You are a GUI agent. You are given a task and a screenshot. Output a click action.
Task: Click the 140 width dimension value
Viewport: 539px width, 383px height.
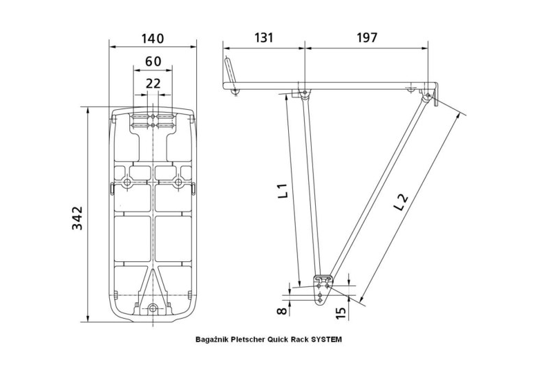tap(153, 39)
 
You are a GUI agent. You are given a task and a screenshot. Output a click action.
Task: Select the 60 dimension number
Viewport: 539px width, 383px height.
tap(153, 62)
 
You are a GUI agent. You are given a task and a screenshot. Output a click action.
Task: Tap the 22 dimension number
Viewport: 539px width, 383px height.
tap(153, 83)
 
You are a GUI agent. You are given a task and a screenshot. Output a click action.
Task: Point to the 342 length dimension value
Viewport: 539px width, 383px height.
tap(78, 218)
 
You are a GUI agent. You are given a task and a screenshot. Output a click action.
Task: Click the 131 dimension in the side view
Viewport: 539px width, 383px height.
tap(263, 38)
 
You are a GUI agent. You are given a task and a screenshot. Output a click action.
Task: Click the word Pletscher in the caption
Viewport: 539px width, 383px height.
tap(248, 340)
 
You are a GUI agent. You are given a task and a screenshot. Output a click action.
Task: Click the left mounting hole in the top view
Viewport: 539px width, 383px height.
tap(127, 183)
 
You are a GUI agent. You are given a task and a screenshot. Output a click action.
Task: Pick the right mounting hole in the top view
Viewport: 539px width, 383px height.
tap(178, 183)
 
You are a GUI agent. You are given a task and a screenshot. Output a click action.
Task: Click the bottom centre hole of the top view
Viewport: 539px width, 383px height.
tap(153, 307)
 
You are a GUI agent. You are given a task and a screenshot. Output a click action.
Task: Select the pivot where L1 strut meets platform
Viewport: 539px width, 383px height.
tap(305, 93)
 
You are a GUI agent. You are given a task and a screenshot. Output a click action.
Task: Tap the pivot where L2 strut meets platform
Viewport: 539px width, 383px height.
tap(428, 95)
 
